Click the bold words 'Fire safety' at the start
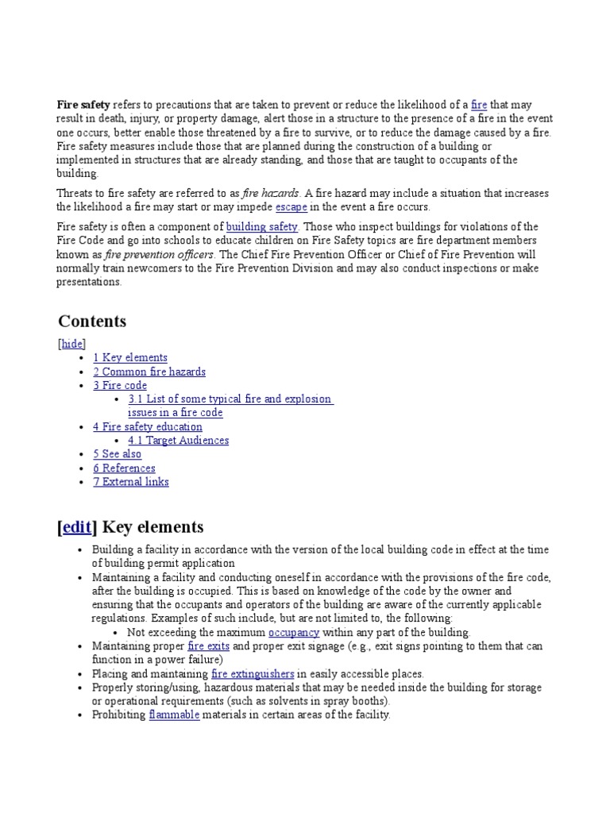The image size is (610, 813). pyautogui.click(x=83, y=105)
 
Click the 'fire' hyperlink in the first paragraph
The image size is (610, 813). pyautogui.click(x=478, y=105)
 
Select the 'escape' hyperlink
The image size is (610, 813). pyautogui.click(x=291, y=207)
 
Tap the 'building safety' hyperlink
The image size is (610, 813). pyautogui.click(x=261, y=227)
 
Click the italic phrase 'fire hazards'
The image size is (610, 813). pyautogui.click(x=271, y=194)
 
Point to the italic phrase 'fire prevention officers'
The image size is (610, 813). pyautogui.click(x=159, y=255)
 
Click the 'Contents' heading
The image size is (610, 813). pyautogui.click(x=92, y=322)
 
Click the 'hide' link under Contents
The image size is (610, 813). pyautogui.click(x=72, y=344)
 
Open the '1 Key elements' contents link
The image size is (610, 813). pyautogui.click(x=130, y=358)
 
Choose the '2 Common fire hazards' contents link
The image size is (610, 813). pyautogui.click(x=149, y=372)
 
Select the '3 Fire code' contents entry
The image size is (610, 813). pyautogui.click(x=120, y=386)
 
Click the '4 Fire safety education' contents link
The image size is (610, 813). pyautogui.click(x=148, y=427)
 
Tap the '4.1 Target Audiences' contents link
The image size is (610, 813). pyautogui.click(x=178, y=441)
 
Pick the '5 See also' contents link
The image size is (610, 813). pyautogui.click(x=117, y=454)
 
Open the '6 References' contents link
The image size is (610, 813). pyautogui.click(x=124, y=468)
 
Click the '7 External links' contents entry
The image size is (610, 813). pyautogui.click(x=131, y=482)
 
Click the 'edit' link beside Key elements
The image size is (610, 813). pyautogui.click(x=77, y=527)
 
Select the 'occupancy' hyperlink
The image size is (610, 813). pyautogui.click(x=294, y=633)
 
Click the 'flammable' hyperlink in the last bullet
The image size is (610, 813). pyautogui.click(x=174, y=715)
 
